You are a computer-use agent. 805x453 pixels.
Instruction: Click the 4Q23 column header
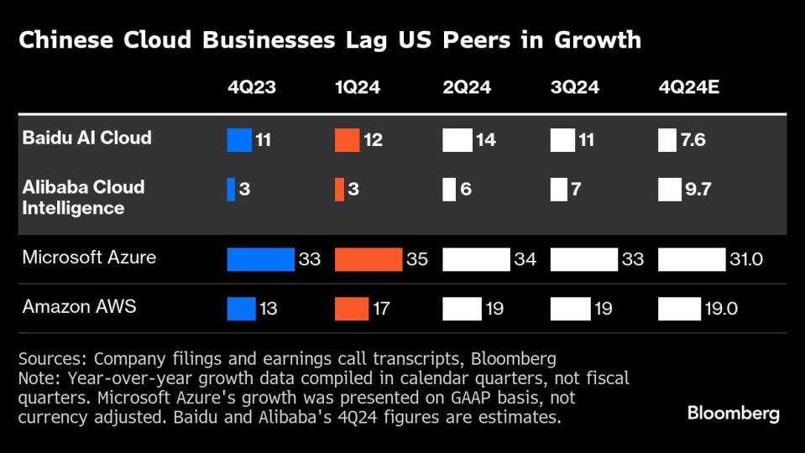pyautogui.click(x=251, y=87)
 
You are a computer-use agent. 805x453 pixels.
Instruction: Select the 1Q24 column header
pyautogui.click(x=358, y=87)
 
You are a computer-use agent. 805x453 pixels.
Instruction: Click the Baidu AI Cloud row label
pyautogui.click(x=87, y=138)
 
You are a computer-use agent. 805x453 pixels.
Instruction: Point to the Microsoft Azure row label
pyautogui.click(x=89, y=257)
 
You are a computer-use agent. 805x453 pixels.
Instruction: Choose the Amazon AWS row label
pyautogui.click(x=79, y=307)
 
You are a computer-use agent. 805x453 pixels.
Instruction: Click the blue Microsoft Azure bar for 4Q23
pyautogui.click(x=260, y=259)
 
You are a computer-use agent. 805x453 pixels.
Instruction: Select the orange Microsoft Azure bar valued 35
pyautogui.click(x=368, y=259)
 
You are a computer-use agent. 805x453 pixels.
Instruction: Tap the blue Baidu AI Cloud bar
pyautogui.click(x=239, y=140)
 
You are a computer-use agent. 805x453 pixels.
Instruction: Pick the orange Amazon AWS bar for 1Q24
pyautogui.click(x=351, y=310)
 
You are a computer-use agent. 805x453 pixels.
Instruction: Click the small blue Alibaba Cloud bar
pyautogui.click(x=231, y=190)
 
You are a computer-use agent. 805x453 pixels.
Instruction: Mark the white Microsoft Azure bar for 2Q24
pyautogui.click(x=476, y=259)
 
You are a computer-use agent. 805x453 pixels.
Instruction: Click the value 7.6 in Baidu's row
pyautogui.click(x=694, y=140)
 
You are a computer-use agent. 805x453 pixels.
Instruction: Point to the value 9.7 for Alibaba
pyautogui.click(x=698, y=190)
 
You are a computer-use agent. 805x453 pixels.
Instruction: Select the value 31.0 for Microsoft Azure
pyautogui.click(x=745, y=259)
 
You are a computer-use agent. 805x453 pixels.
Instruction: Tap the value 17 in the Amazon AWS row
pyautogui.click(x=381, y=310)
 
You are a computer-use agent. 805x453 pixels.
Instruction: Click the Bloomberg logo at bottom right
pyautogui.click(x=733, y=413)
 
